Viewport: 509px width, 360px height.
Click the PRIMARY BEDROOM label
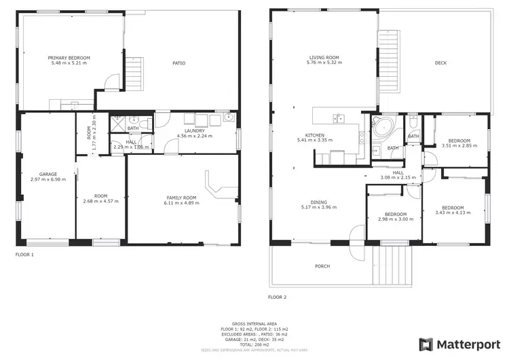69,58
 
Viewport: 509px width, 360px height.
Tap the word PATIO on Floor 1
178,63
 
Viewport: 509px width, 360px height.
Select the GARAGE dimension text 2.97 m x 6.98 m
48,179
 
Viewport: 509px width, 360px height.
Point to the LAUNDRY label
194,130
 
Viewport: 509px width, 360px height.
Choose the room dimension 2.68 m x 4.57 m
100,201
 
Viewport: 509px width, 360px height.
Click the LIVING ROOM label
324,58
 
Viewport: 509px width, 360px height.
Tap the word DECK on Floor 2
441,63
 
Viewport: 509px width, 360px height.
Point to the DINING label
318,202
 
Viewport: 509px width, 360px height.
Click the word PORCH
322,266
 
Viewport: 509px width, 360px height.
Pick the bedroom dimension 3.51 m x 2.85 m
455,145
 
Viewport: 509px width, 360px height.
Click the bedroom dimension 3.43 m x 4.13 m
453,213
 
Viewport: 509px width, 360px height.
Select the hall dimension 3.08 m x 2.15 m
399,177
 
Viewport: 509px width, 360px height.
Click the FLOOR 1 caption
24,255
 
